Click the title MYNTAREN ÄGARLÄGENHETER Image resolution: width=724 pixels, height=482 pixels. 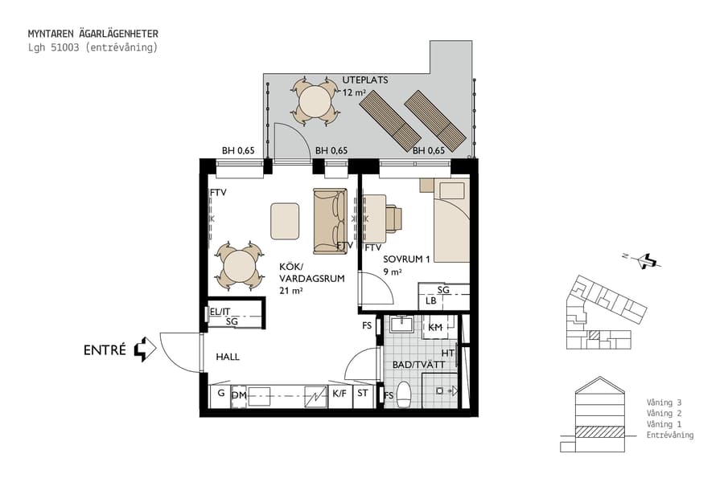pos(93,34)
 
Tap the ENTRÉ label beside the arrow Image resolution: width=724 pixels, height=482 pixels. pos(105,350)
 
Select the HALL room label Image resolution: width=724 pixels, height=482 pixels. pos(228,357)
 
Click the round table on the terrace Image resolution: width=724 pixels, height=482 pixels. pos(315,102)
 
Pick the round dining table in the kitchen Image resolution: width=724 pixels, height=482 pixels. pos(239,266)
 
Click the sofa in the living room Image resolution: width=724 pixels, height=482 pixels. pos(329,219)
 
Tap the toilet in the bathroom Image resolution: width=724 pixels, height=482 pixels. pos(405,394)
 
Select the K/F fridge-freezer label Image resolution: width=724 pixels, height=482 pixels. pos(340,394)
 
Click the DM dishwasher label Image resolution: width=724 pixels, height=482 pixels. pos(239,394)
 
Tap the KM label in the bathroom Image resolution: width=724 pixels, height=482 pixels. pos(435,328)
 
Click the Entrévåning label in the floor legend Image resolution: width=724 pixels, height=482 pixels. pos(669,435)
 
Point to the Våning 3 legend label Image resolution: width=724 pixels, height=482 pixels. pos(664,402)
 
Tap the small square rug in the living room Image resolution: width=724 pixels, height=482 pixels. pos(285,221)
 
